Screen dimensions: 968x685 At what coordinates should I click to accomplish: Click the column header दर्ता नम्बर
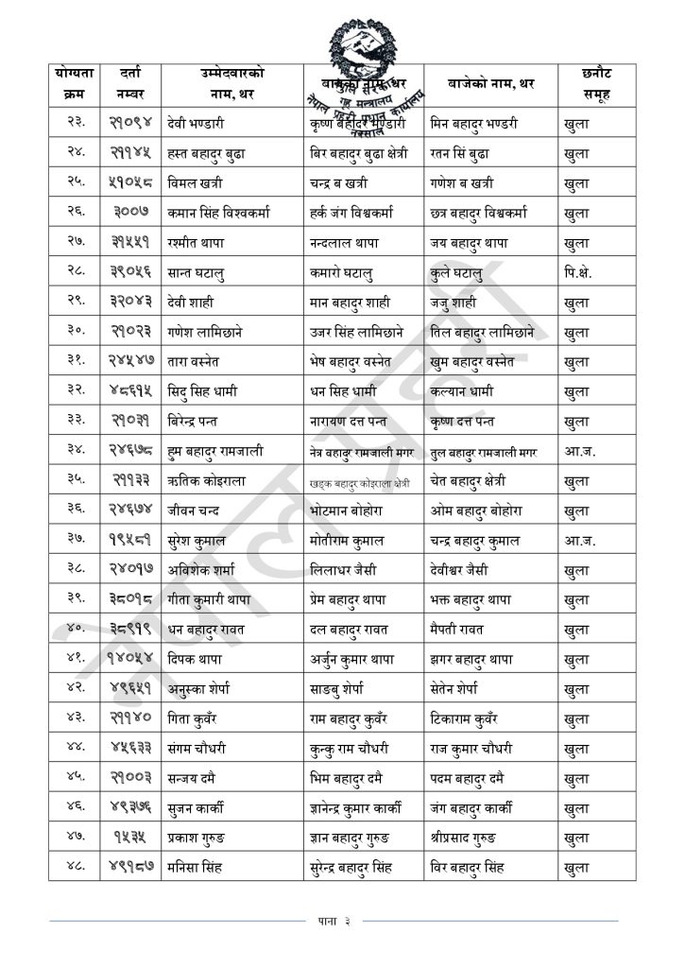point(130,83)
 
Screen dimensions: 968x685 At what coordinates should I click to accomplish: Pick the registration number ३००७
point(129,213)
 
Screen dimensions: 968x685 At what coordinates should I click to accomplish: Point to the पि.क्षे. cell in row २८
point(574,273)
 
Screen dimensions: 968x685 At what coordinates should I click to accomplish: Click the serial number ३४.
point(75,452)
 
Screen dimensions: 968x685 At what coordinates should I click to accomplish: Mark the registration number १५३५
point(129,838)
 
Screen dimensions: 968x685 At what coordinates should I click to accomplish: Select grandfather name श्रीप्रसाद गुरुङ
point(477,838)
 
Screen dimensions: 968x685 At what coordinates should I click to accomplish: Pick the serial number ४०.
point(75,630)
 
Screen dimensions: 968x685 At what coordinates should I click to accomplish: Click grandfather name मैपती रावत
point(463,630)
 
